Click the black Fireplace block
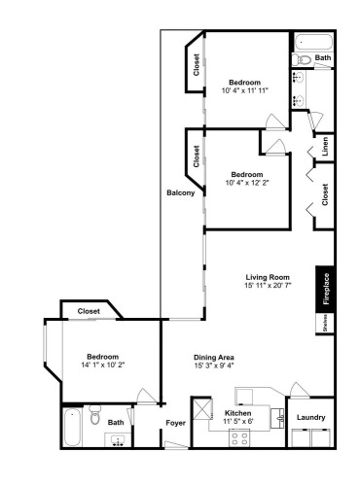pos(325,290)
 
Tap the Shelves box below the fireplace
pos(325,324)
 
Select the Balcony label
pos(181,192)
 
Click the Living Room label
pos(268,277)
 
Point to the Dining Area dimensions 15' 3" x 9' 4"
pos(214,365)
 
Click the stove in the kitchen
pos(239,437)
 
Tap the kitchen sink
pos(277,418)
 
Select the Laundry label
pos(311,417)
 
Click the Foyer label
pos(176,423)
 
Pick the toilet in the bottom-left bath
pos(95,415)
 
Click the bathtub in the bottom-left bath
pos(72,428)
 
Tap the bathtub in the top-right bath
pos(313,43)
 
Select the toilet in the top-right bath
pos(302,59)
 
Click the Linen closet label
pos(325,146)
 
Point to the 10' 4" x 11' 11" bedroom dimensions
pos(245,90)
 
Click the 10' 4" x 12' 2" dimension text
pos(247,183)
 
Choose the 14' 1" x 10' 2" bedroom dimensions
pos(103,364)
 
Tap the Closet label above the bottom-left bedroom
pos(89,311)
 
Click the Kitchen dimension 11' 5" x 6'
pos(238,421)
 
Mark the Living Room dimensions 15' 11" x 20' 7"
pos(268,286)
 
